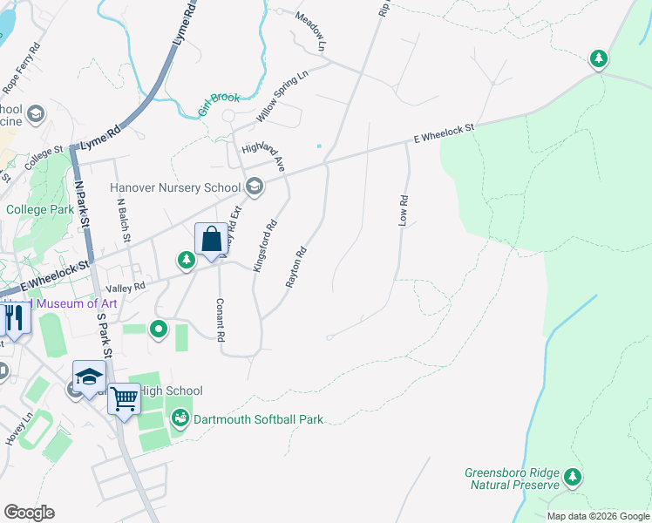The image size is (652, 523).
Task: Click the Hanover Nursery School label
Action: pos(175,187)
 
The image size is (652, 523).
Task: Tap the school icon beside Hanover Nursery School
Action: pos(255,186)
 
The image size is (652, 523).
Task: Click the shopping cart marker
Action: pos(124,400)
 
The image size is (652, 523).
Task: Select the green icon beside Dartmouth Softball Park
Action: pos(180,419)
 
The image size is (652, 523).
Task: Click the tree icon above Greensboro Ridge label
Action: pos(572,477)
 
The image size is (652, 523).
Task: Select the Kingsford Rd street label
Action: pos(265,245)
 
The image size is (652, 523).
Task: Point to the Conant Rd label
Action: pos(220,320)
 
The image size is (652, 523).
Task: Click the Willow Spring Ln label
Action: pos(282,97)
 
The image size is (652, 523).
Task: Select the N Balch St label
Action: pos(124,219)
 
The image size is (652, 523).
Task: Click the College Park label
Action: pos(40,209)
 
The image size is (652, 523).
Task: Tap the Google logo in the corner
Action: pos(29,512)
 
